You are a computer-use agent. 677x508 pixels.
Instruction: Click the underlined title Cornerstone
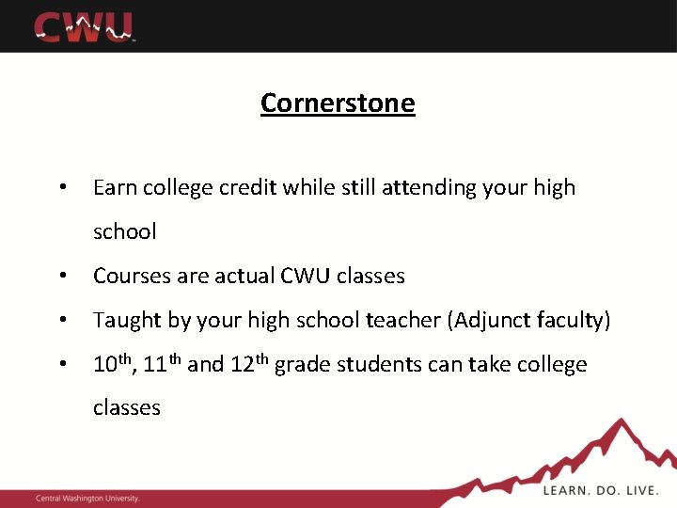pos(338,103)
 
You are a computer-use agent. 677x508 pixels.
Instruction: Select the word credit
pos(248,188)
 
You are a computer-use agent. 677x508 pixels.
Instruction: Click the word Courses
pos(130,276)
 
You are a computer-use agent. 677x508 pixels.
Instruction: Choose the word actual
pos(243,276)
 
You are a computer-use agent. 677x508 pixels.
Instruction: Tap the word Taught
pos(127,321)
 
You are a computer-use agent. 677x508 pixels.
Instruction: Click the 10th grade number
pos(114,364)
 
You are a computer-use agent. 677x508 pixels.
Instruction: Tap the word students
pos(388,365)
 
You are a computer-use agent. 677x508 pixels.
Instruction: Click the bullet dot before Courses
pos(61,277)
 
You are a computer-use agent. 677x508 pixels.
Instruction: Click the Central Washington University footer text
pos(87,498)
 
